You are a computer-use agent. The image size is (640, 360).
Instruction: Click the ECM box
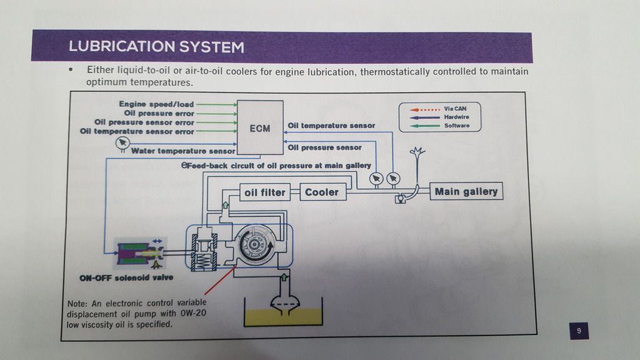(x=259, y=128)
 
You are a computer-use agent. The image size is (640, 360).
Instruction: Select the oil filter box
(x=264, y=192)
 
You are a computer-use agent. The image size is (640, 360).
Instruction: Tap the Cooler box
(x=321, y=192)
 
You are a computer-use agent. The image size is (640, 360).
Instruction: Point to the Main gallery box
(x=466, y=191)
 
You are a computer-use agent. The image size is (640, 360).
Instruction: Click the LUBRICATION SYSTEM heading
(x=156, y=47)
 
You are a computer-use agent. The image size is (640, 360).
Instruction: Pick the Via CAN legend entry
(x=454, y=108)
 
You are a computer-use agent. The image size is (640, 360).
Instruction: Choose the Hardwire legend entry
(x=456, y=117)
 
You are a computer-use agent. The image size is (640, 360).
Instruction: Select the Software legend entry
(x=456, y=126)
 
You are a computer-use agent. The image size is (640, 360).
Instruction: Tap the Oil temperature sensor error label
(x=137, y=132)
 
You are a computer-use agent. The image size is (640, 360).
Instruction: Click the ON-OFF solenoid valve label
(x=126, y=277)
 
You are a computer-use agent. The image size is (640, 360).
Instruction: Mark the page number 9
(x=579, y=331)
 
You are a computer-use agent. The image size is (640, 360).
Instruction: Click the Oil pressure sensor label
(x=324, y=147)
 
